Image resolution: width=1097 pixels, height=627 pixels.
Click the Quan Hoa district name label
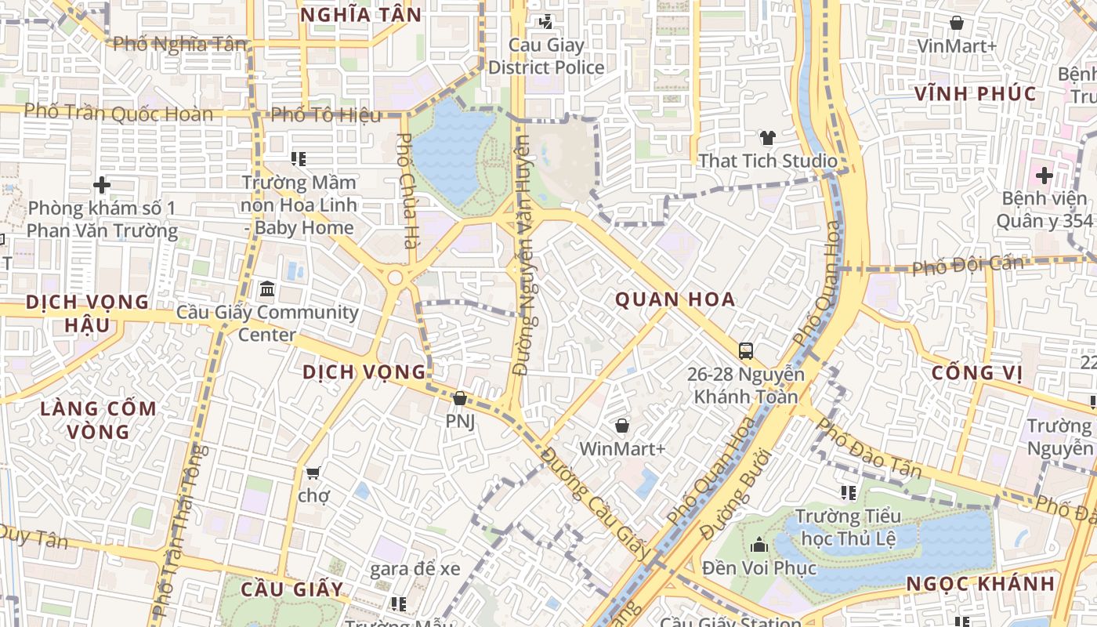tap(675, 299)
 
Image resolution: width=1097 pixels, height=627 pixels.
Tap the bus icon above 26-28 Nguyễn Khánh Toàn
tap(745, 350)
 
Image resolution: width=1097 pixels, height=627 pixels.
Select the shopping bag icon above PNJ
tap(460, 399)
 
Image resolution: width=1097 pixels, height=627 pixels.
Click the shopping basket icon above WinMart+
tap(622, 426)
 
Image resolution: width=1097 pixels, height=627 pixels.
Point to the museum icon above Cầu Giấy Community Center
tap(266, 289)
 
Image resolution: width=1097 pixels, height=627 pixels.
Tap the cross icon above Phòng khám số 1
tap(102, 185)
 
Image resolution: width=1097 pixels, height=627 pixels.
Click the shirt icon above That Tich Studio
tap(767, 138)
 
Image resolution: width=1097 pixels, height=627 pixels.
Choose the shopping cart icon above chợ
tap(313, 472)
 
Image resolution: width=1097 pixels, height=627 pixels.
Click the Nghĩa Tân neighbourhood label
tap(360, 14)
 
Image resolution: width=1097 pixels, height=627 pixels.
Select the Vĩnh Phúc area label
tap(976, 94)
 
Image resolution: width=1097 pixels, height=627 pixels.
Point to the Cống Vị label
tap(972, 372)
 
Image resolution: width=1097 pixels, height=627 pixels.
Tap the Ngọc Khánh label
tap(980, 584)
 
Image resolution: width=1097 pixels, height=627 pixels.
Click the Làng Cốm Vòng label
tap(98, 420)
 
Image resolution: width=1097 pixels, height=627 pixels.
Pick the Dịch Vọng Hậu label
tap(86, 313)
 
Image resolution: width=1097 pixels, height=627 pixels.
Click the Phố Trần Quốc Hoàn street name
tap(118, 112)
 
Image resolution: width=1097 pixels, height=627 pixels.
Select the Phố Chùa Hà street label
tap(406, 190)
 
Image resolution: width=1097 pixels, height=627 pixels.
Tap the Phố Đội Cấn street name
tap(967, 264)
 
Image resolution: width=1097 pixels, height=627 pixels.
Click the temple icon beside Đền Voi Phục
tap(758, 544)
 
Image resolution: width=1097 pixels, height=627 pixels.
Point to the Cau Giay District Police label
tap(546, 56)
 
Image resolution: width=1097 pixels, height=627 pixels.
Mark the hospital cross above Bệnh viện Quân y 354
tap(1044, 175)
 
